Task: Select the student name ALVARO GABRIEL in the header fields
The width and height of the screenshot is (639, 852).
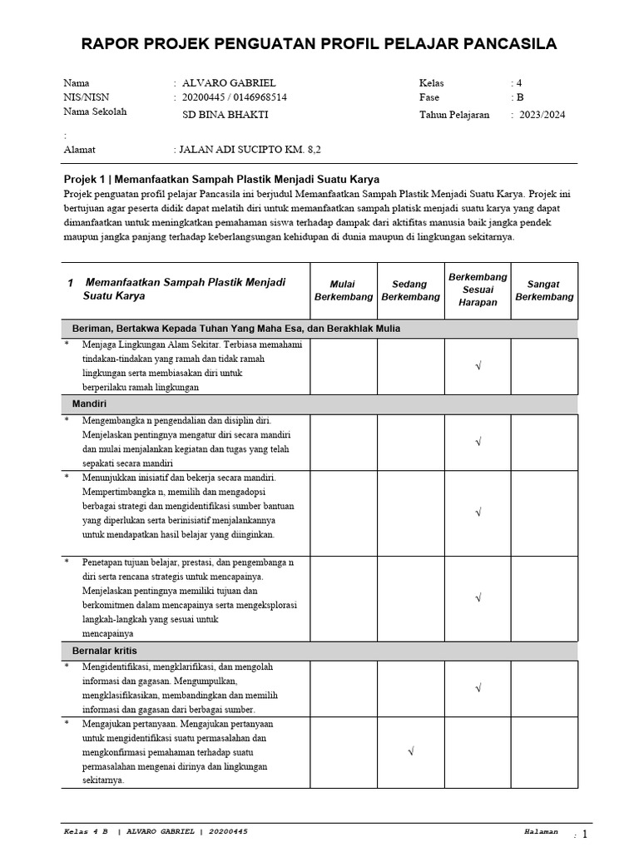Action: click(228, 83)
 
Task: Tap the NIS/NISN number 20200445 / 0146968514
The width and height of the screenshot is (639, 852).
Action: click(235, 97)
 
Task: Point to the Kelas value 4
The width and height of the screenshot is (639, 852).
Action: click(519, 83)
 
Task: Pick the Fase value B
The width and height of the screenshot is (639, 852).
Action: click(520, 97)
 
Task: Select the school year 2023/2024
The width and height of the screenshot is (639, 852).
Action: click(542, 115)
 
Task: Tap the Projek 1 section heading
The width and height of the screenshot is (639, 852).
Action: click(221, 179)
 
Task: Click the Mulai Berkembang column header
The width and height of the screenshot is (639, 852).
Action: click(343, 290)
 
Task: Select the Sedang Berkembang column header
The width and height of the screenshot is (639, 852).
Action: click(410, 290)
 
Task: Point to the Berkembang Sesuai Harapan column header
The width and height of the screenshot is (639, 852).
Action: click(478, 290)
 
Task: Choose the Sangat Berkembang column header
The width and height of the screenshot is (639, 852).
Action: click(544, 290)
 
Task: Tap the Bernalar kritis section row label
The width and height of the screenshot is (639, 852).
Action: click(105, 651)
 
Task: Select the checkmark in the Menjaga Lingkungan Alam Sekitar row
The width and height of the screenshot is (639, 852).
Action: click(478, 365)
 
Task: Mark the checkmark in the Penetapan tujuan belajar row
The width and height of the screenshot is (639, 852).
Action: click(478, 597)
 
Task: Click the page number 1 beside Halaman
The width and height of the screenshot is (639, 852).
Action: click(584, 835)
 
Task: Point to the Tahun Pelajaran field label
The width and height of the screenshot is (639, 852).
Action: click(454, 115)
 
